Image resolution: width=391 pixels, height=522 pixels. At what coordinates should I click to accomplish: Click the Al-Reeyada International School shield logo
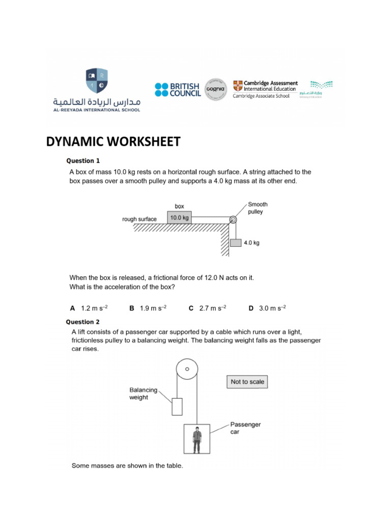point(96,80)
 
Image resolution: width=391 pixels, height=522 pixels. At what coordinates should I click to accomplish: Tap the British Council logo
point(178,90)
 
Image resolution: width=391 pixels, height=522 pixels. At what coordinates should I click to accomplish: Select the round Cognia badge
point(215,90)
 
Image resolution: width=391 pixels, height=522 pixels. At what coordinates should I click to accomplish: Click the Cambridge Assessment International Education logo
point(265,89)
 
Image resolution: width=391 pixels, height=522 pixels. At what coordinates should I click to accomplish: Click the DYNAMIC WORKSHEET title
point(113,142)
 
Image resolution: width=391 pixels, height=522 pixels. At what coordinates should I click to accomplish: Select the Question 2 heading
point(83,322)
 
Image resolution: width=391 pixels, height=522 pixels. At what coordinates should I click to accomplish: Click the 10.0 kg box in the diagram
point(179,218)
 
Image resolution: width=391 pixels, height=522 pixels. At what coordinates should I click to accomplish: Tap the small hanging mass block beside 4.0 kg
point(235,243)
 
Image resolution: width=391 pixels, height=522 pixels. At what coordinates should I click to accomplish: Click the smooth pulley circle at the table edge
point(233,220)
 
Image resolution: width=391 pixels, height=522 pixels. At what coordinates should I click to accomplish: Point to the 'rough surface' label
point(139,219)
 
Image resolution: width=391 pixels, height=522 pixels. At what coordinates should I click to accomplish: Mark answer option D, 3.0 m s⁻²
point(267,308)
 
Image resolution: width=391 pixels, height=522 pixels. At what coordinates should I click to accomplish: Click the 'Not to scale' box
point(247,382)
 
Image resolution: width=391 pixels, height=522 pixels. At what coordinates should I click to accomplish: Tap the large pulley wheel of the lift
point(187,369)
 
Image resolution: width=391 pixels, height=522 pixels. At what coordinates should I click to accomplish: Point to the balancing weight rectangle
point(177,406)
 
